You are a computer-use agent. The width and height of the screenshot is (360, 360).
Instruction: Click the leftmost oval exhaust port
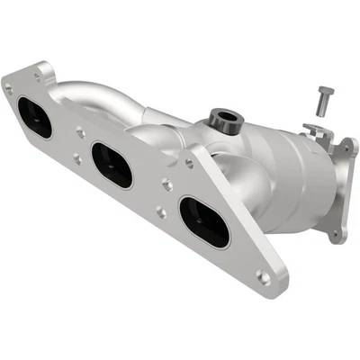pos(34,117)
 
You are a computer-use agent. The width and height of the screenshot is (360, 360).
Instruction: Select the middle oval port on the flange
pos(112,164)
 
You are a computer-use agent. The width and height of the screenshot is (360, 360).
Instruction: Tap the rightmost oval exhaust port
pos(204,221)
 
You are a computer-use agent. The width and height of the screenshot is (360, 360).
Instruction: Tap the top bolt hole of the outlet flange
pos(346,144)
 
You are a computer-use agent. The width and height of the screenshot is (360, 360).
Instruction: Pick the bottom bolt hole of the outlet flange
pos(335,236)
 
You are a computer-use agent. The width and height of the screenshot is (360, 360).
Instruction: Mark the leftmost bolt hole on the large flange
pos(9,89)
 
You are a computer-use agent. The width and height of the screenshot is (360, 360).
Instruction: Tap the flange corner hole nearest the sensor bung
pos(188,163)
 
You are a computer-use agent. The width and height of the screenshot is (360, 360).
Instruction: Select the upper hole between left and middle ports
pos(80,131)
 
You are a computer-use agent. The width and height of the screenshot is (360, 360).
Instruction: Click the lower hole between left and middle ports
pos(76,159)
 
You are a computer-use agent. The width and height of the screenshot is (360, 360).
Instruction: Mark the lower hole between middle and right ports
pos(159,212)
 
